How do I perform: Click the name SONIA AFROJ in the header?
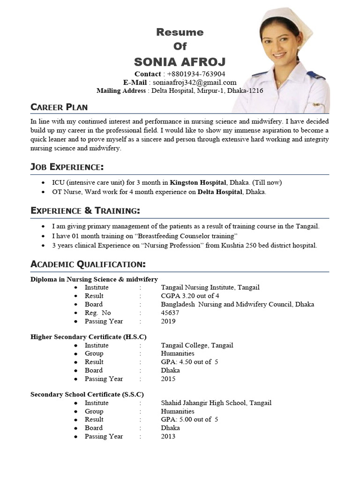(x=180, y=61)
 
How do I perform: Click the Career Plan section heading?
(x=59, y=107)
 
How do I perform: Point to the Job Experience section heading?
(x=67, y=167)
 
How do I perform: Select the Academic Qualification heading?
(x=88, y=264)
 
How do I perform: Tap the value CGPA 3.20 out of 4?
(x=190, y=296)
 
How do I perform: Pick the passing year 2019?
(x=168, y=321)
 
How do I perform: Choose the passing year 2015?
(x=168, y=379)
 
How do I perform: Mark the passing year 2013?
(x=168, y=436)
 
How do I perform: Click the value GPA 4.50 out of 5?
(x=189, y=362)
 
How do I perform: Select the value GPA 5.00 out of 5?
(x=189, y=420)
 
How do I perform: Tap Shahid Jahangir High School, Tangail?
(x=216, y=403)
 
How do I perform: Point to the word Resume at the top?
(x=180, y=32)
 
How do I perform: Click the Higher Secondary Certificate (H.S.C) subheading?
(x=89, y=337)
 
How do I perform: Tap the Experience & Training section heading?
(x=85, y=210)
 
